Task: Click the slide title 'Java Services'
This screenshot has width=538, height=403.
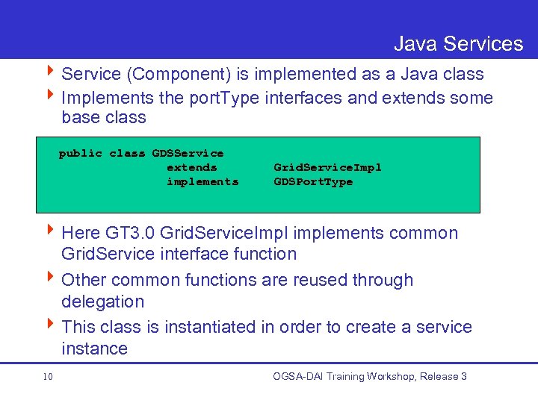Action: point(458,44)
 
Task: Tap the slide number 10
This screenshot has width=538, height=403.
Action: point(47,377)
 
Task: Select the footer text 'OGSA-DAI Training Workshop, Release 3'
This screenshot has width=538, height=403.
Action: point(370,376)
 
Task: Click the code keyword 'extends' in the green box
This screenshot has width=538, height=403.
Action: point(191,167)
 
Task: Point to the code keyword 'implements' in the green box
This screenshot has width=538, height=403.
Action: point(202,181)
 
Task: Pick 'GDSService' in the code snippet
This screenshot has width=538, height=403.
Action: point(188,153)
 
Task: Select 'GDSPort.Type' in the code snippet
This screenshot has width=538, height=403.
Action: point(313,181)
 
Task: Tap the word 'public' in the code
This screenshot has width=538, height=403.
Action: point(81,153)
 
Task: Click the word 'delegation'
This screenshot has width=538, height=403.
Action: point(102,302)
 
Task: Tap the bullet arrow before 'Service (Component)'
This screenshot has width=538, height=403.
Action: point(51,74)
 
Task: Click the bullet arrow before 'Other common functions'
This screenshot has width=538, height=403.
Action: point(51,279)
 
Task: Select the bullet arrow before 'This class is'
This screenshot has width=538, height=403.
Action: point(51,326)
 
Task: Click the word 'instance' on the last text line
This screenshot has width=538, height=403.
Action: point(94,349)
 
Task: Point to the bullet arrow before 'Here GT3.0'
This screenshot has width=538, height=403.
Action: point(51,232)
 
